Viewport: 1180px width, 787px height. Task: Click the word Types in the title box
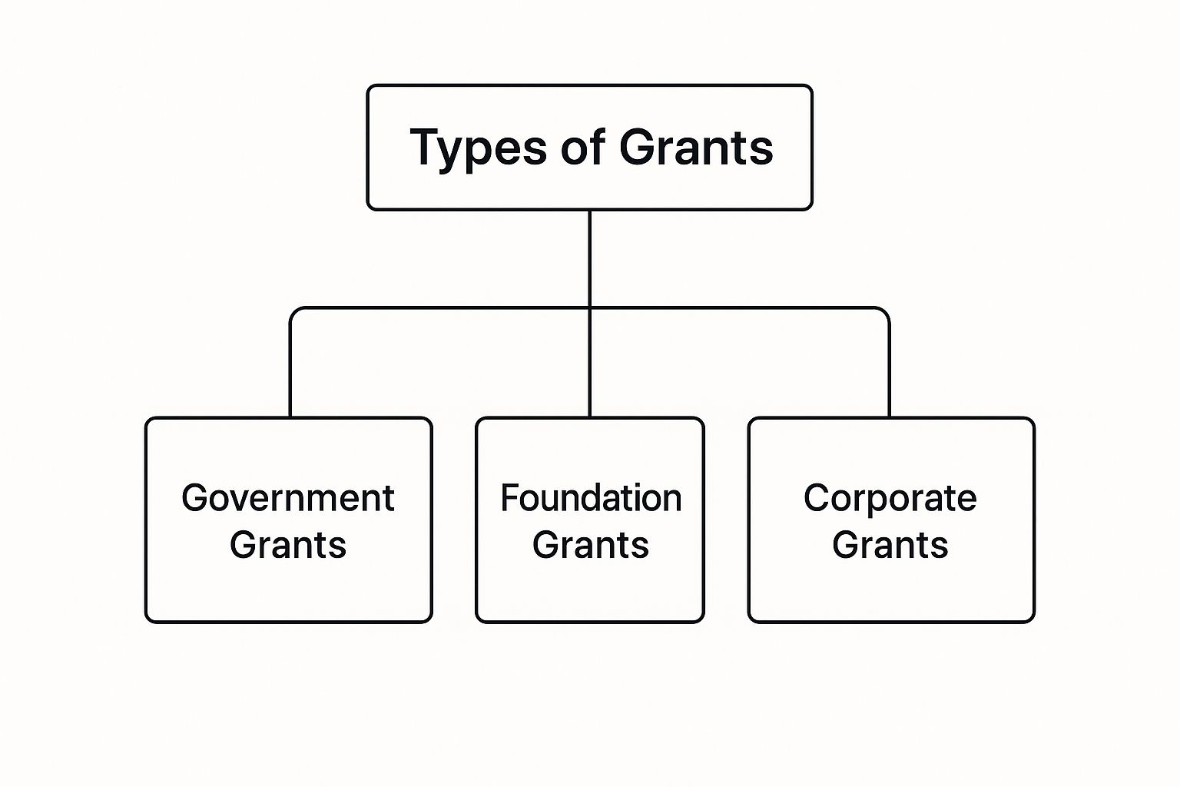pyautogui.click(x=479, y=148)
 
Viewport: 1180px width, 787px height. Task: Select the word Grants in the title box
pyautogui.click(x=696, y=147)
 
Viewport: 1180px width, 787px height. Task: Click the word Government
pyautogui.click(x=288, y=497)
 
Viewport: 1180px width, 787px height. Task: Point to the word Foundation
pyautogui.click(x=591, y=497)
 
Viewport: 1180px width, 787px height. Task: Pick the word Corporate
pyautogui.click(x=890, y=499)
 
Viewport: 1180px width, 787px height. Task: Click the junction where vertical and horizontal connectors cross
pyautogui.click(x=589, y=308)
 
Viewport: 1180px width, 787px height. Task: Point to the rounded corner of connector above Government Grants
pyautogui.click(x=294, y=311)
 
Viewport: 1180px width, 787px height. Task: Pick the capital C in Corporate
pyautogui.click(x=816, y=497)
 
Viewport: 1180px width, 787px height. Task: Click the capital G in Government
pyautogui.click(x=195, y=497)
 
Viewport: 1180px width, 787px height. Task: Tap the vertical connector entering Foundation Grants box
pyautogui.click(x=589, y=363)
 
